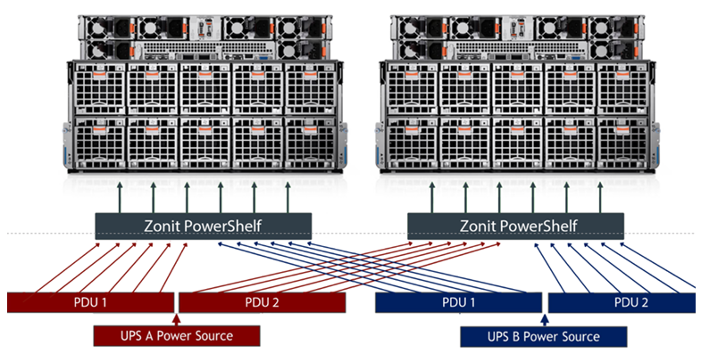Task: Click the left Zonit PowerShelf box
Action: [203, 224]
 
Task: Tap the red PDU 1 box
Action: [89, 303]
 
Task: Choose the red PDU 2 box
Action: [263, 303]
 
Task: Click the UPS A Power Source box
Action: [178, 336]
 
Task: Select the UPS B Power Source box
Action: [543, 336]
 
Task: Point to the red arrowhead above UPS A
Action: [177, 317]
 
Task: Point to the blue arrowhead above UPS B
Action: [543, 317]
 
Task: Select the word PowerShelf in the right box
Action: [538, 224]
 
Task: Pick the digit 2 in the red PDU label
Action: [279, 303]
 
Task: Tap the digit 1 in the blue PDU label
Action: [474, 303]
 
